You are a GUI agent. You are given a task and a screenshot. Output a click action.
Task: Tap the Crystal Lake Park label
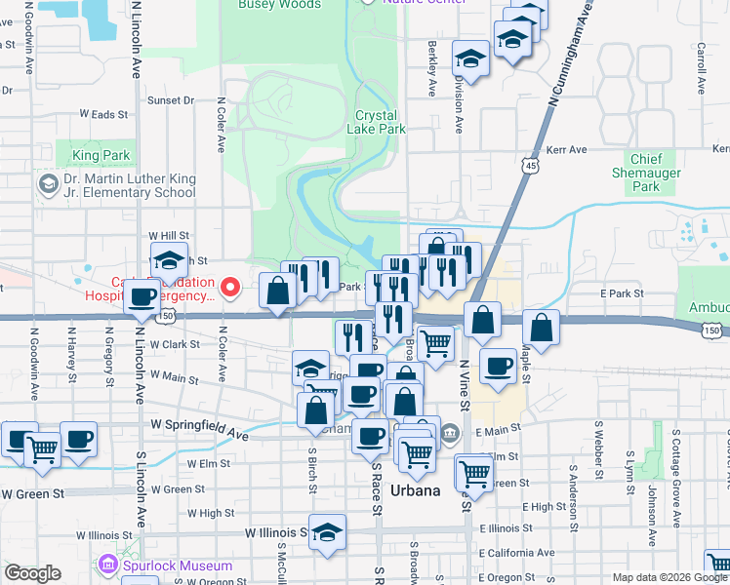380,122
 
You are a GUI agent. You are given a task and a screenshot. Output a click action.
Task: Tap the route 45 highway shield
531,167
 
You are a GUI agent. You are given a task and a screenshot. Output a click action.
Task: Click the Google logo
33,573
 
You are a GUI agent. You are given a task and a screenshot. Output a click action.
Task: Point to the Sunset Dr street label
171,100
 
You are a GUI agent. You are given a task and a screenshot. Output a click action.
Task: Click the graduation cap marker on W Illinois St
328,533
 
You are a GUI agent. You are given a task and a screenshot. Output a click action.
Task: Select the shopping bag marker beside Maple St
541,328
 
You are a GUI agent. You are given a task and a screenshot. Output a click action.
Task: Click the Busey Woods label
279,5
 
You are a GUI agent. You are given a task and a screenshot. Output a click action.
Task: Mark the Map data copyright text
669,577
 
